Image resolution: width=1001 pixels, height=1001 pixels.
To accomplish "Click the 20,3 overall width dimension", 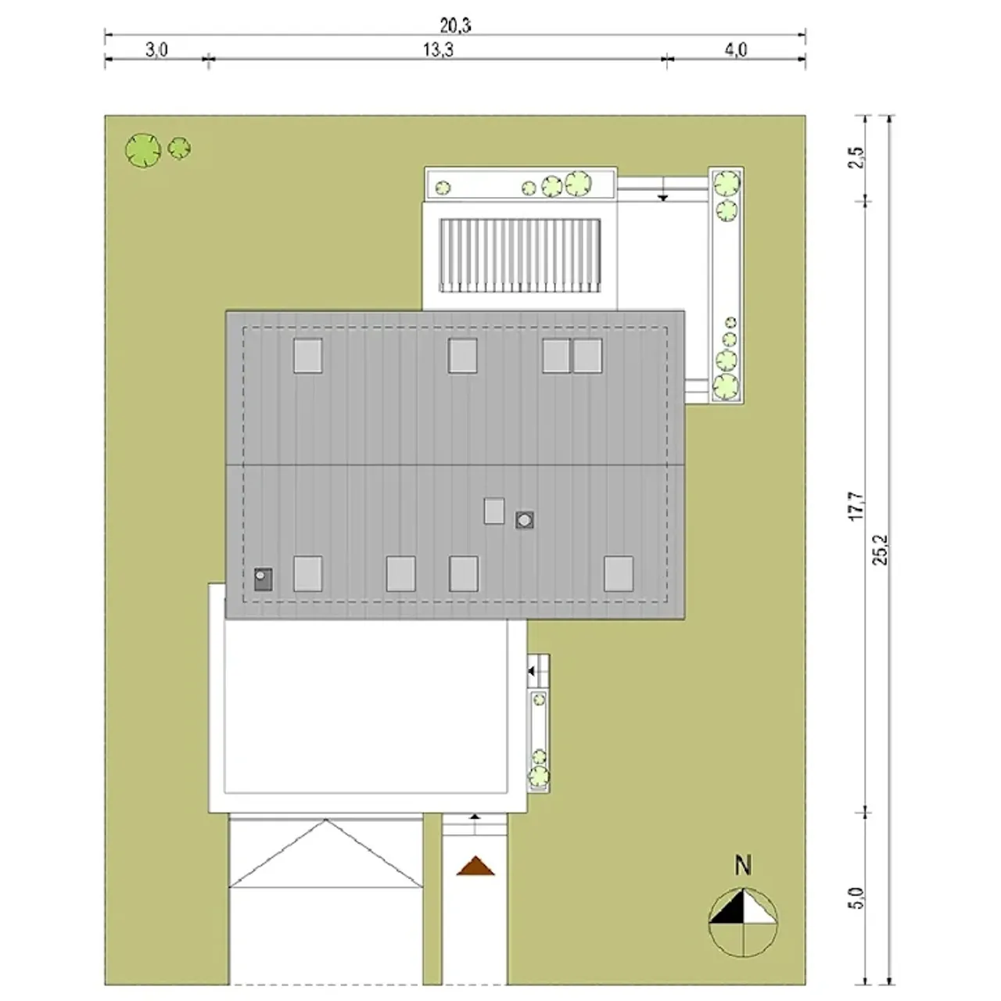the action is coord(455,25).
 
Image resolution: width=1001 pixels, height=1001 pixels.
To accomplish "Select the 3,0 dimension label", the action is coord(156,50).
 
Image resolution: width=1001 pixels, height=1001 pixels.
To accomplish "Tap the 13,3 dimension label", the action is coord(438,50).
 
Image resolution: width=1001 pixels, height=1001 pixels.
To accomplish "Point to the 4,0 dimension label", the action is coord(736,50).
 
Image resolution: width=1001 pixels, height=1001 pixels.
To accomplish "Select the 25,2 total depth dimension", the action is coord(881,550).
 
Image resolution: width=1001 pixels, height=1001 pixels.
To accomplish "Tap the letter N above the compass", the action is coord(744,866).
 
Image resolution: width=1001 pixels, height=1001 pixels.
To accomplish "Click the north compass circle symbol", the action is coord(744,922).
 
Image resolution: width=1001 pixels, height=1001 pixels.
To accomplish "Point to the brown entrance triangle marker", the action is coord(475,866).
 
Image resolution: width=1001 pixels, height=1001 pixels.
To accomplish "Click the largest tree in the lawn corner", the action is coord(143,150).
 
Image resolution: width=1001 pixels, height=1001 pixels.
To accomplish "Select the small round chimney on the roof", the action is coord(525,519).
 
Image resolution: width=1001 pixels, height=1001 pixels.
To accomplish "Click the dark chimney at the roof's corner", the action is coord(263,579).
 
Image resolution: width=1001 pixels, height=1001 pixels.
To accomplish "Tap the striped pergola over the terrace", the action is coord(521,256).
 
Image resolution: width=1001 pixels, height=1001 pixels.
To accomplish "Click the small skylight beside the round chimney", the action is coord(494,511).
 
